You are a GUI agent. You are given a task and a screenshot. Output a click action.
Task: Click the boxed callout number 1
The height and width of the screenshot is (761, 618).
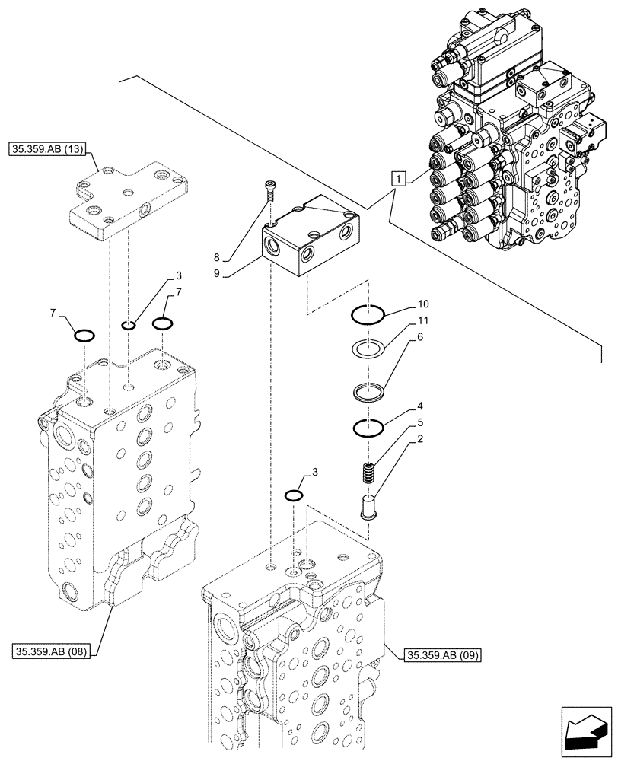click(x=399, y=179)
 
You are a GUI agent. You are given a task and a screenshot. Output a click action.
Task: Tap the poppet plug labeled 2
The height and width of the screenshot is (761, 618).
click(x=370, y=507)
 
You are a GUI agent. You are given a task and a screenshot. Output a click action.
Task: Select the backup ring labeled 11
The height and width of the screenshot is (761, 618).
click(x=369, y=351)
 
